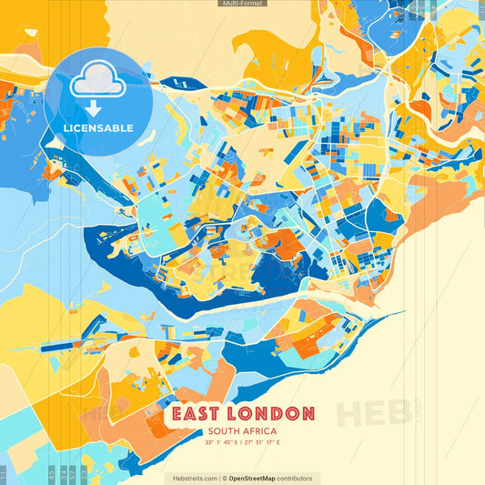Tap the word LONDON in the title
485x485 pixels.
point(272,415)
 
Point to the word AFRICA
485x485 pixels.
point(261,431)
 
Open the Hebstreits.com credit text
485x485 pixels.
point(193,479)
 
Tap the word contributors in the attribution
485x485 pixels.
point(297,479)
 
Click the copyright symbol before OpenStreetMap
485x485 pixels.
point(224,479)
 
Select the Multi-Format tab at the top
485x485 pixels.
point(242,4)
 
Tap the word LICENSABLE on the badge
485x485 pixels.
point(97,128)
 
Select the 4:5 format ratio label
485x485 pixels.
point(52,474)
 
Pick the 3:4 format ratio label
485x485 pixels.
point(64,474)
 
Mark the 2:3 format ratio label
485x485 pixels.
point(84,474)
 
